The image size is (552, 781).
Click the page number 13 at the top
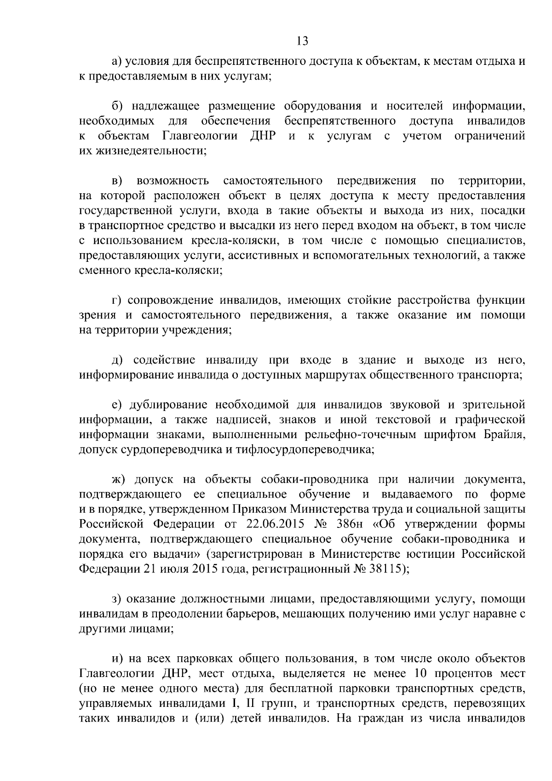[302, 41]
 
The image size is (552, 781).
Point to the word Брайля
[505, 435]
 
